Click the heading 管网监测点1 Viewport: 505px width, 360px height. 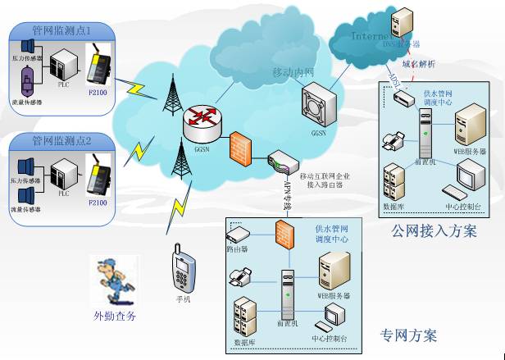61,30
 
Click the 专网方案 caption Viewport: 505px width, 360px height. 408,335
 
